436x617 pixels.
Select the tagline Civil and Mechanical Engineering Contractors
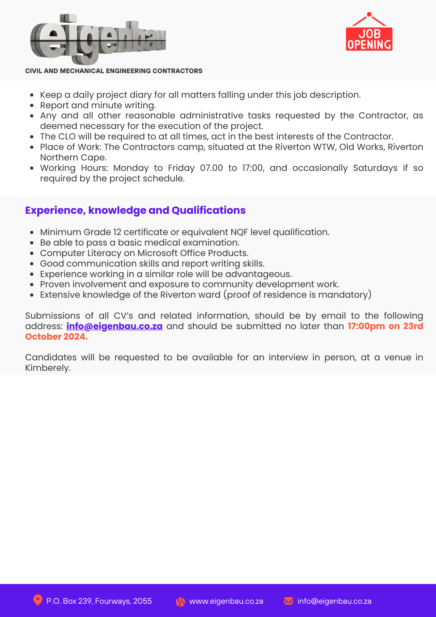click(114, 71)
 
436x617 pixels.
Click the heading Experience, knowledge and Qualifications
click(135, 210)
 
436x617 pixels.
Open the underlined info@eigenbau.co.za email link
click(114, 326)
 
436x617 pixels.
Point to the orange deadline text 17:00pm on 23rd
click(385, 326)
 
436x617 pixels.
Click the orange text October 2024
click(56, 337)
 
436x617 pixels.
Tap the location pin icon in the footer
click(38, 600)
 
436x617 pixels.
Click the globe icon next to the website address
click(180, 602)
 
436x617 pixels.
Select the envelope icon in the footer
click(289, 601)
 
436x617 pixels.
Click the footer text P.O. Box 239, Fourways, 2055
click(99, 601)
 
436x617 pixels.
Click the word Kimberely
click(48, 368)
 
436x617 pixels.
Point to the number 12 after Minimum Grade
click(117, 232)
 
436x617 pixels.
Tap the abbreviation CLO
click(67, 137)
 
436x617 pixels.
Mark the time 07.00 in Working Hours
click(212, 168)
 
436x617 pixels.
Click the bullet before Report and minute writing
click(32, 106)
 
